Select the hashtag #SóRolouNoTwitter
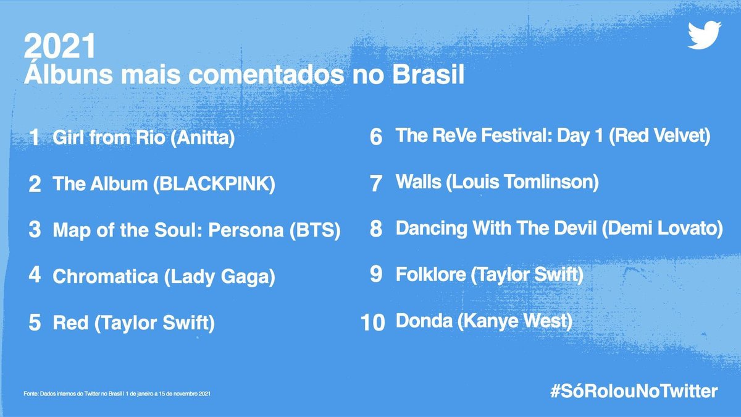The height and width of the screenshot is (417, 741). pos(634,391)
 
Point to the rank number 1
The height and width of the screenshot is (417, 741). pos(35,138)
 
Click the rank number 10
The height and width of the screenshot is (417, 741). pos(372,322)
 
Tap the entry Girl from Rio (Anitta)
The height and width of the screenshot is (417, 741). pos(144,138)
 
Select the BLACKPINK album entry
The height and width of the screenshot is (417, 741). pos(164,183)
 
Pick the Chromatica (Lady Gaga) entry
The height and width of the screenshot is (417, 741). pos(164,276)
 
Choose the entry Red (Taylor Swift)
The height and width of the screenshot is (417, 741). pos(134,322)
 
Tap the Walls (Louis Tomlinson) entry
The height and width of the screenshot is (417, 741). pos(497,182)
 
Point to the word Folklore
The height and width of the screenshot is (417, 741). pos(430,275)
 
